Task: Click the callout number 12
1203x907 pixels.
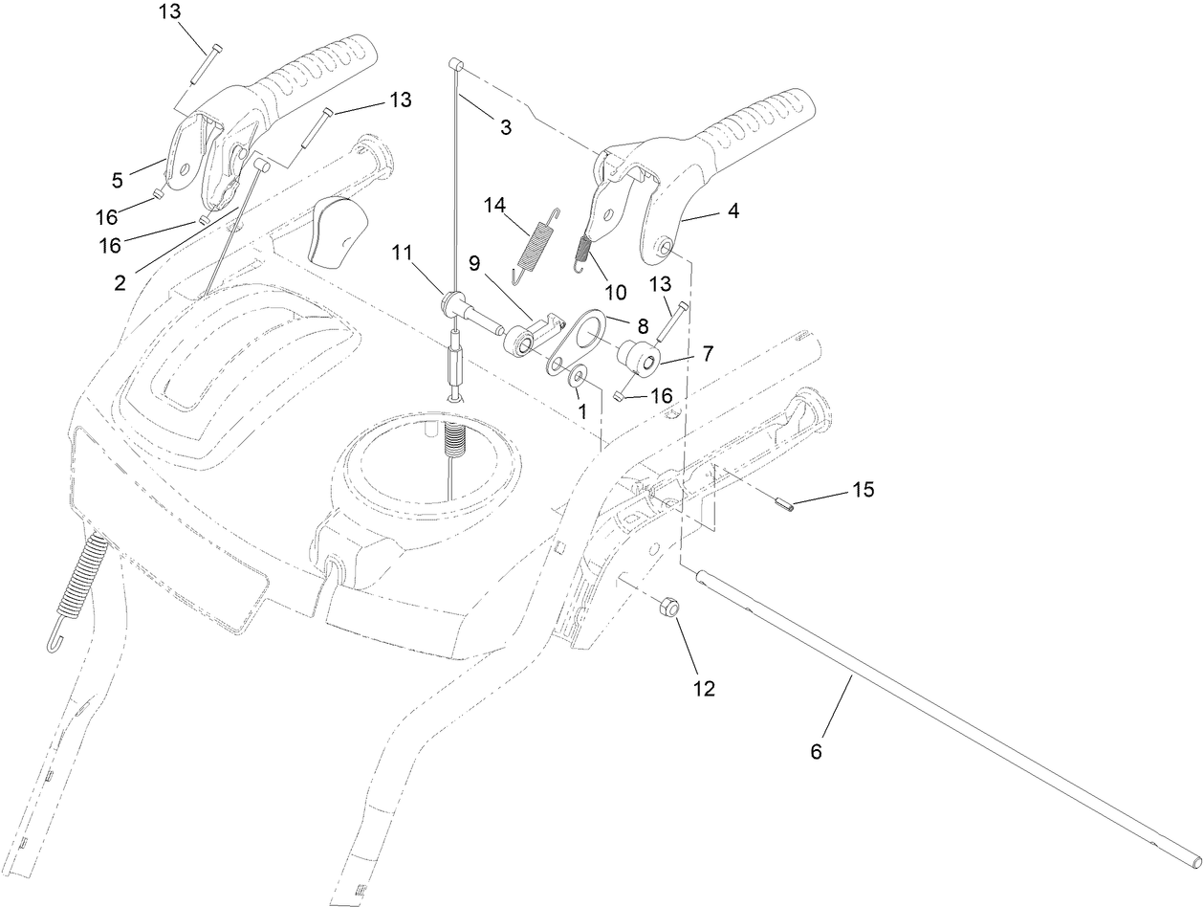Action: (x=703, y=687)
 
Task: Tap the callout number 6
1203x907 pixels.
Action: (x=816, y=752)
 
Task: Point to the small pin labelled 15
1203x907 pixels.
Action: (x=785, y=505)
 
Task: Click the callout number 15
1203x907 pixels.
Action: (x=863, y=489)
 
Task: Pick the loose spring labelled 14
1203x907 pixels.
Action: (x=536, y=247)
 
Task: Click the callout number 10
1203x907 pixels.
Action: (x=615, y=292)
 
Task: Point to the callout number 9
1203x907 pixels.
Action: (x=474, y=260)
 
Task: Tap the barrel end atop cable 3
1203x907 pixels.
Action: (x=457, y=64)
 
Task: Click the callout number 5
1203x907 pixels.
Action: (x=117, y=179)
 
